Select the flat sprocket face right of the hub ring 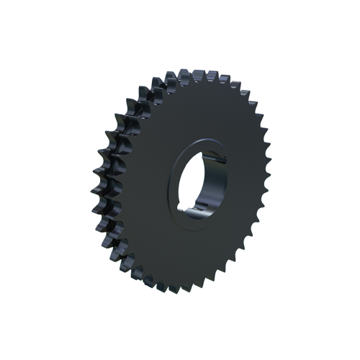(x=241, y=180)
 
